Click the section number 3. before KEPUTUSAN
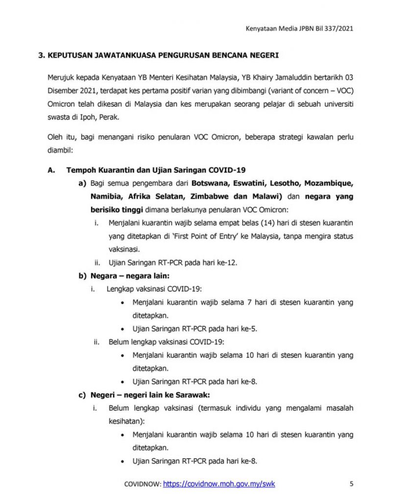[x=42, y=56]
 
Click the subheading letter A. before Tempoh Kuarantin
[x=50, y=170]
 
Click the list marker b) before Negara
[x=82, y=276]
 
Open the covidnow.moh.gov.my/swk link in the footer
[x=219, y=484]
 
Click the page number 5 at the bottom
[x=352, y=484]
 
